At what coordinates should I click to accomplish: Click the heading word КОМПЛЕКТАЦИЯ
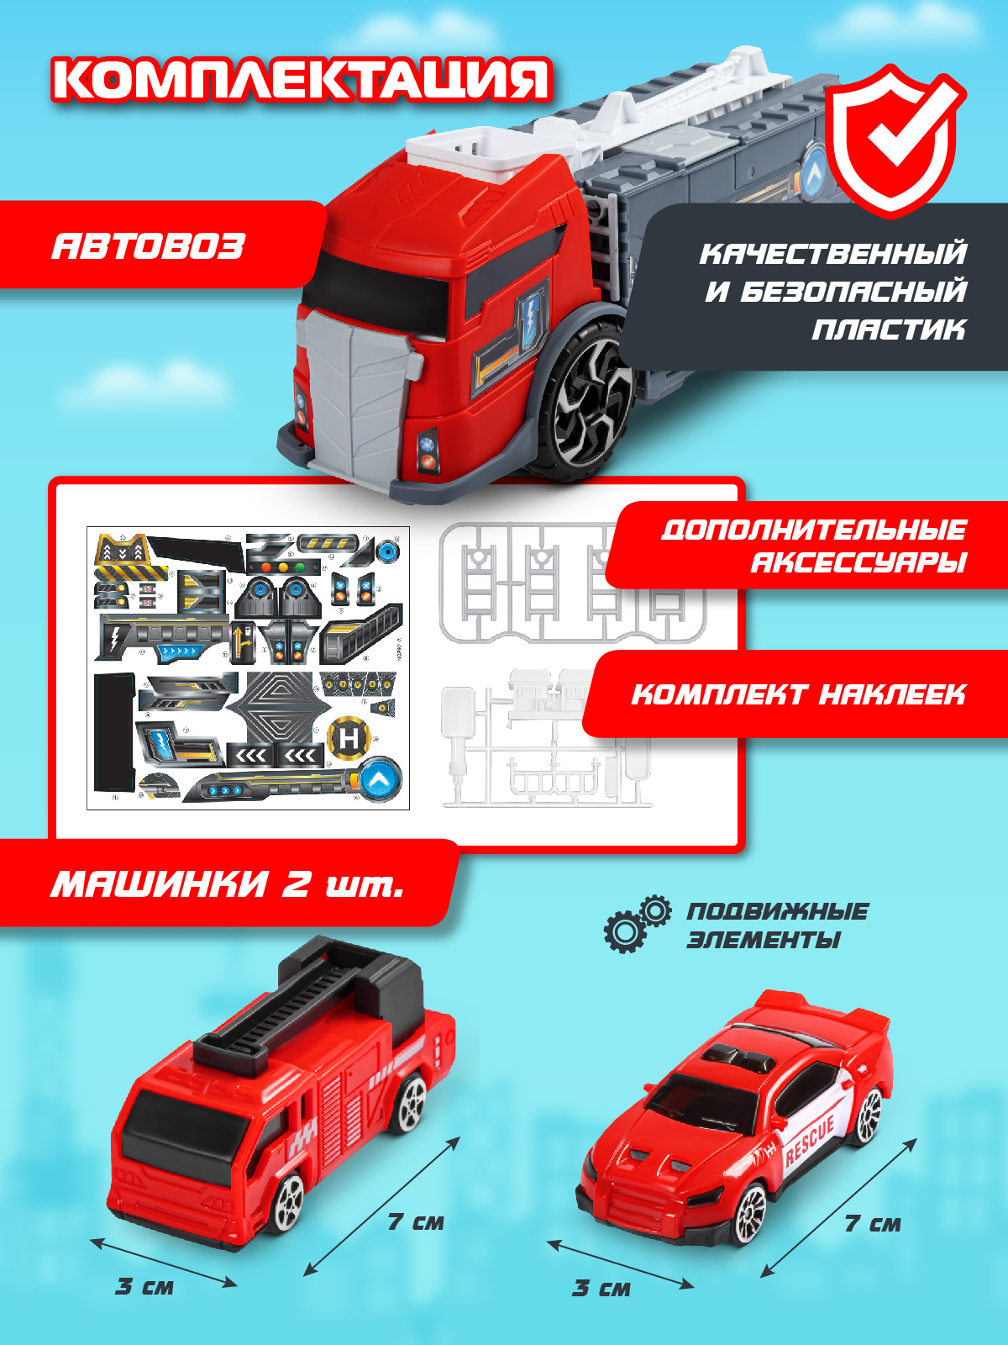click(302, 80)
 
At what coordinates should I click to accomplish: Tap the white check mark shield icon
click(895, 141)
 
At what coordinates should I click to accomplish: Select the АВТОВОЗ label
click(148, 246)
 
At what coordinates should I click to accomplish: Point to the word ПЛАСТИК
click(889, 329)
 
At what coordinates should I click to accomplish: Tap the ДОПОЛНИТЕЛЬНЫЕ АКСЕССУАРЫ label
click(814, 546)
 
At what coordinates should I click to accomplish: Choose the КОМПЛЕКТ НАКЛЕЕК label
click(798, 694)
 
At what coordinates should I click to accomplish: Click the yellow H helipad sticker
click(349, 738)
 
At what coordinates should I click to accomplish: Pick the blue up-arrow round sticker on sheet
click(380, 780)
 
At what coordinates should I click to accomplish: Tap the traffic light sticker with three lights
click(283, 567)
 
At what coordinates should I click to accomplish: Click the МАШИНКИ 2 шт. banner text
click(228, 883)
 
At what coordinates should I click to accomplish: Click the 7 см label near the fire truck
click(416, 1222)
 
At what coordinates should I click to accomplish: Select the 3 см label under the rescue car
click(601, 1288)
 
